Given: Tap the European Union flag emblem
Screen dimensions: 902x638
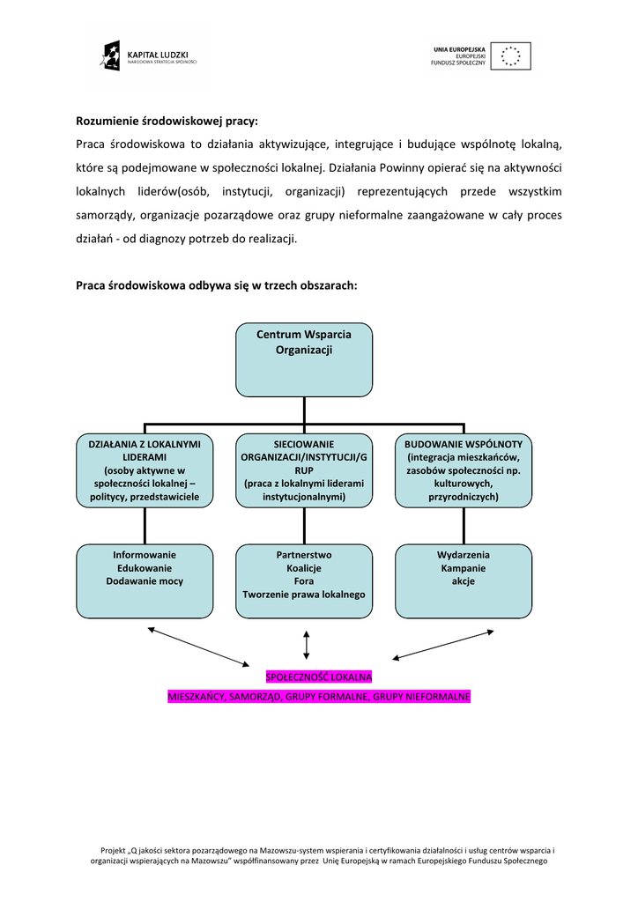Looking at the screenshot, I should [510, 56].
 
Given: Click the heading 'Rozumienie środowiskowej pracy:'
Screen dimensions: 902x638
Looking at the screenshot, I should [167, 121].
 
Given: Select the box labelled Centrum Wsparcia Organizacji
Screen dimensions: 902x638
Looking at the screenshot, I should [304, 359].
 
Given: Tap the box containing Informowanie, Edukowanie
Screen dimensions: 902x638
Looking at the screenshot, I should [145, 581].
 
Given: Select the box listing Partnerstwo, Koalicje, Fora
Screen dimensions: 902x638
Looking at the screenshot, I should [304, 581].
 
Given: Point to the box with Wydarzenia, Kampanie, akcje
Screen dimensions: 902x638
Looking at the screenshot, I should [464, 581].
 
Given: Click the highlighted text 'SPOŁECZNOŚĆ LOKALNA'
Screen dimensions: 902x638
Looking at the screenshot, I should [319, 676].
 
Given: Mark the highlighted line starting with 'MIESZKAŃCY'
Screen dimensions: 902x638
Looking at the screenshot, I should [319, 697].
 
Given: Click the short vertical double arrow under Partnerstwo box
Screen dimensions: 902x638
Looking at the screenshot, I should [306, 644].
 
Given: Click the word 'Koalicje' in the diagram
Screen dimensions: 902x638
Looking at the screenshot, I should [304, 568].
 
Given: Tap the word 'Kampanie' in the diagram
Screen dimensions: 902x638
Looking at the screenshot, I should [464, 568].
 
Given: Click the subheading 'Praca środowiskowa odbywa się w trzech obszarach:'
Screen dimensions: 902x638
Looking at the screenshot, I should [217, 285].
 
